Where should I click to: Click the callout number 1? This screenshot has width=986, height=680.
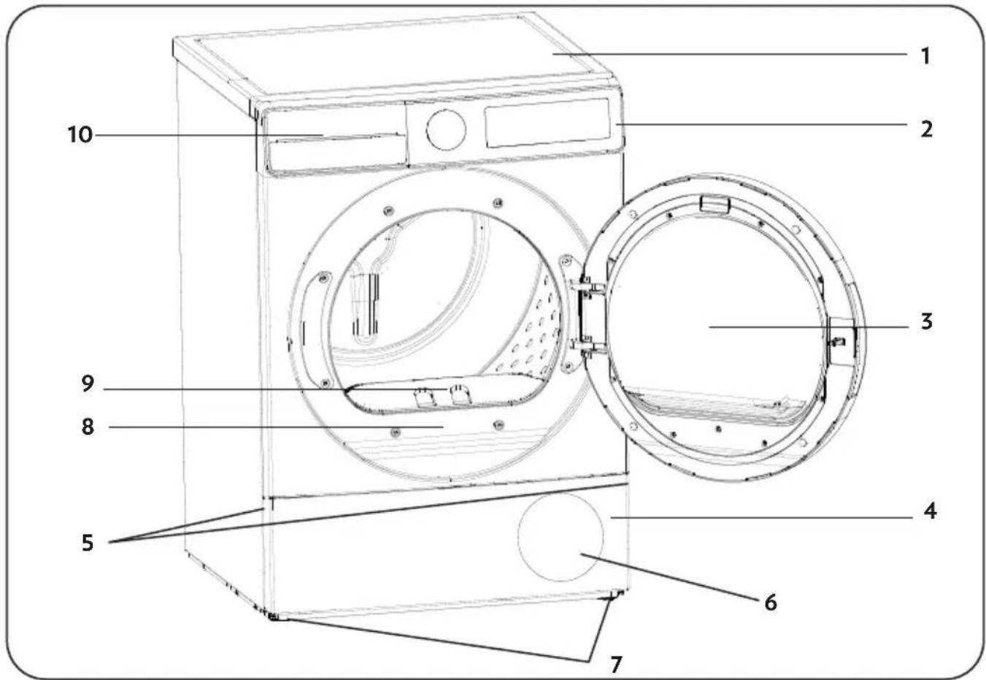tap(926, 56)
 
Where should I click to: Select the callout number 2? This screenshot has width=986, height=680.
tap(926, 129)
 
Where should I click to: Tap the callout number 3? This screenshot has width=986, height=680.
tap(927, 321)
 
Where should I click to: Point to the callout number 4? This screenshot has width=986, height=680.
tap(930, 511)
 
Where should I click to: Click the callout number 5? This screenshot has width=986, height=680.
tap(88, 543)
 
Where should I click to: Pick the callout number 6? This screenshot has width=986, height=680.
tap(770, 602)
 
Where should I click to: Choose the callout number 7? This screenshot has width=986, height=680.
tap(616, 664)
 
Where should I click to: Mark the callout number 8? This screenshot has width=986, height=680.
tap(88, 427)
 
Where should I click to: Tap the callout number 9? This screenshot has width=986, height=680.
tap(88, 383)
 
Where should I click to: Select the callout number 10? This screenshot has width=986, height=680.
tap(80, 134)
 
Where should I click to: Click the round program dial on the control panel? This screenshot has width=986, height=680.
tap(445, 129)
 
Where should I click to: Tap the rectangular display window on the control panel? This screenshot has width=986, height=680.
tap(547, 123)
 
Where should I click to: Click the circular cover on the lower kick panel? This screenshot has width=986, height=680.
tap(561, 536)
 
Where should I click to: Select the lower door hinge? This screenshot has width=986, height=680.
tap(588, 345)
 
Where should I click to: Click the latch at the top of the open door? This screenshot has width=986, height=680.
tap(715, 205)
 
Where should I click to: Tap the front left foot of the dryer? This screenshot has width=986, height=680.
tap(277, 617)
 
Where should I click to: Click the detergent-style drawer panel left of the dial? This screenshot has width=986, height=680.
tap(336, 137)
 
